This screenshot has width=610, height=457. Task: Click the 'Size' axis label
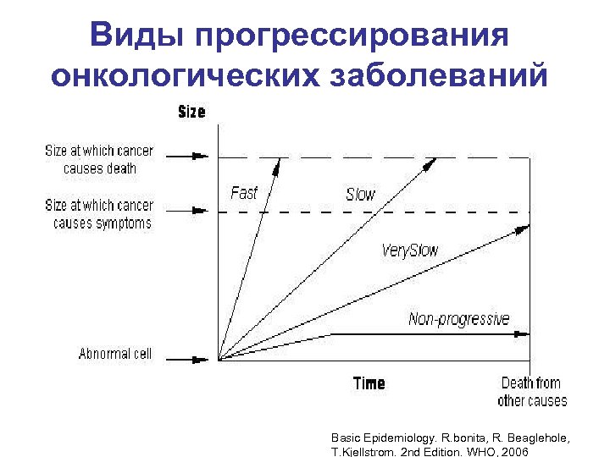click(191, 112)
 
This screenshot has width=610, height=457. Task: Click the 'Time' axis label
click(369, 383)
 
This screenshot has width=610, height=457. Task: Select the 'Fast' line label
click(244, 193)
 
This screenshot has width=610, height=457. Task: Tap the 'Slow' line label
click(360, 195)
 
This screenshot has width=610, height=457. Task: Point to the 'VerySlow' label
click(410, 251)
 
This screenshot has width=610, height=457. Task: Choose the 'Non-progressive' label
click(459, 319)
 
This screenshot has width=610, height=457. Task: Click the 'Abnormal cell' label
click(115, 354)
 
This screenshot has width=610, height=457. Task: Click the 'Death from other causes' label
click(532, 392)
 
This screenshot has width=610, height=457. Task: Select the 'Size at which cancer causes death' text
click(99, 159)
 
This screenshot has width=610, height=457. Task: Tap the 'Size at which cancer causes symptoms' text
click(99, 214)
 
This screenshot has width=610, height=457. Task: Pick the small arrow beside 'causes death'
click(199, 156)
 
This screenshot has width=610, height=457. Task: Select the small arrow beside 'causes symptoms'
click(199, 211)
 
